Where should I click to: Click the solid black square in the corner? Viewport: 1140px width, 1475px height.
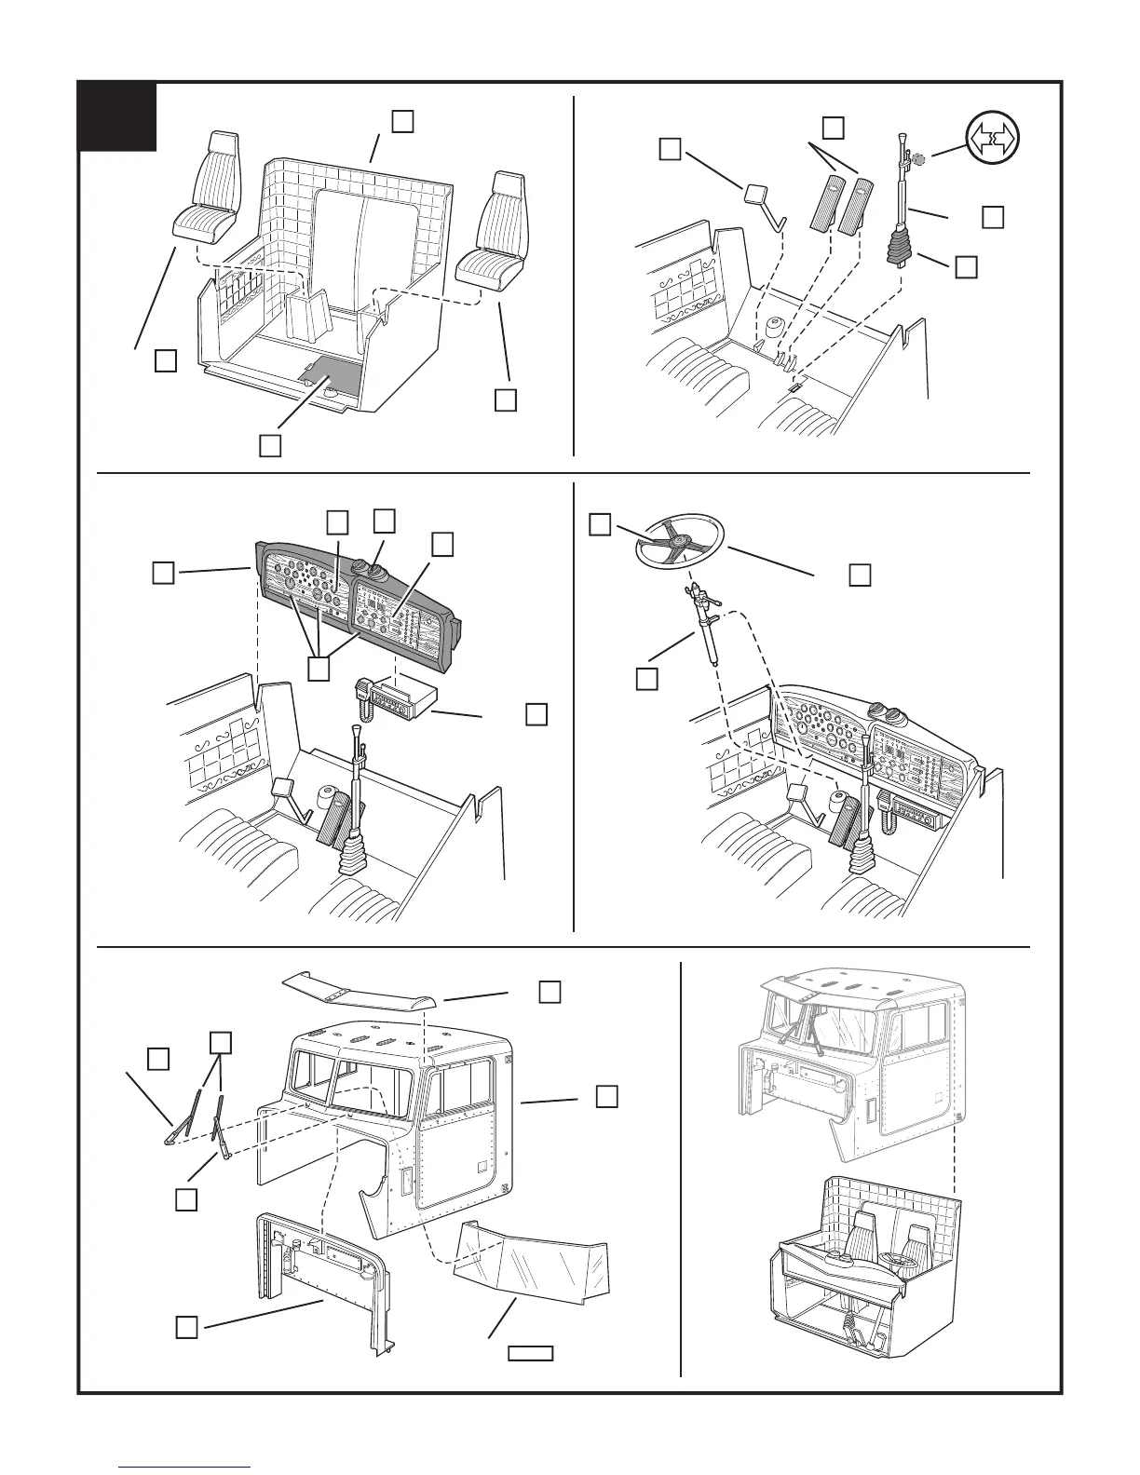click(117, 116)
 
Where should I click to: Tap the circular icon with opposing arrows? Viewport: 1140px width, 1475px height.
click(992, 138)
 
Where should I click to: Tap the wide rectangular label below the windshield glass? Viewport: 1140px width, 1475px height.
click(531, 1353)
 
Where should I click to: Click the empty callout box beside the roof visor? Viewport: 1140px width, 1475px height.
click(550, 991)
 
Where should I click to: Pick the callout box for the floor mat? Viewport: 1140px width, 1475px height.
click(270, 445)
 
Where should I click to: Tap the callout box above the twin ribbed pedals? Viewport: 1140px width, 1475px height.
click(834, 127)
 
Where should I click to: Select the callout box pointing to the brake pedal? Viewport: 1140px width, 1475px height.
click(670, 149)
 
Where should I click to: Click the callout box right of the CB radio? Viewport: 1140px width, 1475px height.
click(536, 714)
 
